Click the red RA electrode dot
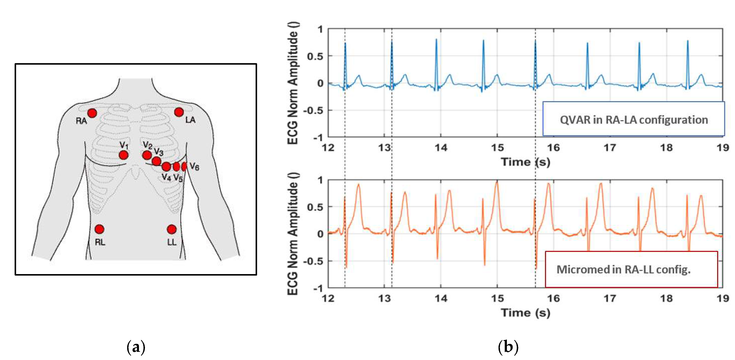coord(92,113)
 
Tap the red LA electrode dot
coord(179,112)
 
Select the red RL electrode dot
coord(99,229)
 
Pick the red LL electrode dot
coord(171,229)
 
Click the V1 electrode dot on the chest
coord(123,155)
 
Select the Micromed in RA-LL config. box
coord(631,269)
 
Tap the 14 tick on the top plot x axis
coord(441,148)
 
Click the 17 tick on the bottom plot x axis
coord(610,298)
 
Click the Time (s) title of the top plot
coord(525,162)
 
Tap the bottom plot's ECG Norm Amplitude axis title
coord(293,234)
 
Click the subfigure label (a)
coord(136,347)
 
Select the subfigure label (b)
coord(508,347)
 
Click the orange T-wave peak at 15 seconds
coord(497,182)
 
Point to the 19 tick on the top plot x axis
coord(723,148)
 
